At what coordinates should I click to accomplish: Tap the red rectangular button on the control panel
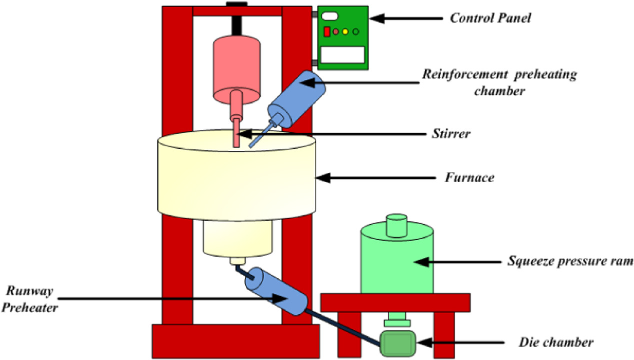[327, 32]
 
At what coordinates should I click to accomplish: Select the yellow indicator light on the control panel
[345, 32]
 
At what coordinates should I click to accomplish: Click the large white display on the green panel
[342, 54]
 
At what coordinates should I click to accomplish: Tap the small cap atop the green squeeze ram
[397, 225]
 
